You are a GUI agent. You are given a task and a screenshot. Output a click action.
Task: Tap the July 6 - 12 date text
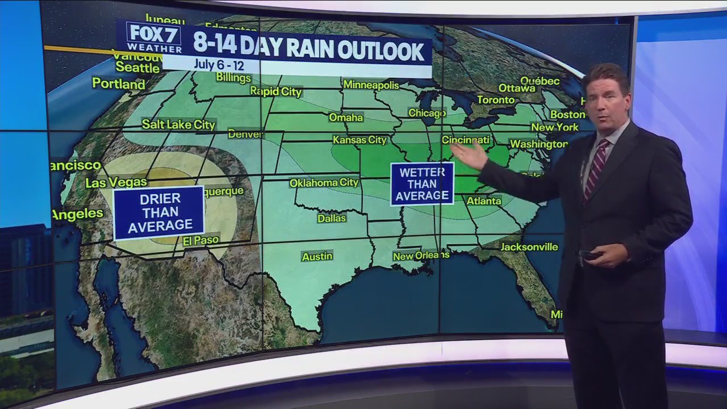pos(219,64)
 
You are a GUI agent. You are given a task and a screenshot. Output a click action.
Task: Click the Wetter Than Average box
pos(422,184)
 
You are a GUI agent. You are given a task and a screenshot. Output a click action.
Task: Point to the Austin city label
pos(317,256)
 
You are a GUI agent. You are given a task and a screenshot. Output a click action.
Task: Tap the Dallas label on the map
pos(332,218)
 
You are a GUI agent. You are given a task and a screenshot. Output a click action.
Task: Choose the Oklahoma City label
pos(324,183)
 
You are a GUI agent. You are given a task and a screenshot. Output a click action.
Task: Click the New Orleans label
pos(421,256)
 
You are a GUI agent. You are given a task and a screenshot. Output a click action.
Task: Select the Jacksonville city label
pos(529,247)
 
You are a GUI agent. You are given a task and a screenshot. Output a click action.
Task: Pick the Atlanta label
pos(484,201)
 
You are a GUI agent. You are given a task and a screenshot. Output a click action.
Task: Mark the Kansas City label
pos(360,140)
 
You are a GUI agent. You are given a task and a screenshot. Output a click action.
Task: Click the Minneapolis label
pos(371,85)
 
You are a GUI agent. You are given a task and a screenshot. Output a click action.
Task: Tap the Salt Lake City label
pos(178,124)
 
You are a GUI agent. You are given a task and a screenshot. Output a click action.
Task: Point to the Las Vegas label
pos(116,182)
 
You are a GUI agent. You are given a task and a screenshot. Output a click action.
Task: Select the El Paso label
pos(200,241)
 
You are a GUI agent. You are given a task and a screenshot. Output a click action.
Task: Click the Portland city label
pos(119,84)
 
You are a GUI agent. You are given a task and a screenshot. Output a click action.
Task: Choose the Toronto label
pos(495,100)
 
